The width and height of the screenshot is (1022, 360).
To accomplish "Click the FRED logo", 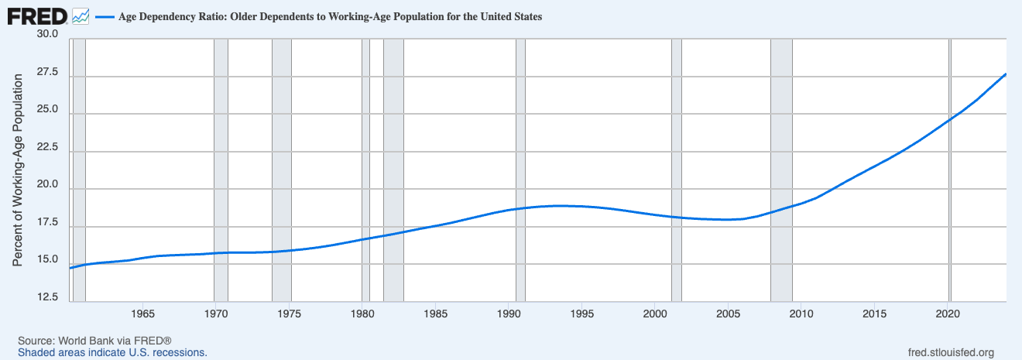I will point(37,16).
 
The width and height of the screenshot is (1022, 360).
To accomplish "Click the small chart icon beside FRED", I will point(81,16).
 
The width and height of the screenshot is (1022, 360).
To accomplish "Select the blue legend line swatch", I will point(103,17).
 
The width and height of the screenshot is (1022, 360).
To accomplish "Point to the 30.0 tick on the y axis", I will point(47,35).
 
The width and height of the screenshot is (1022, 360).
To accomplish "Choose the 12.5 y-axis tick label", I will point(47,297).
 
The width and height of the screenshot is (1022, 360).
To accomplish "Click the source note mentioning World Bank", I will point(94,341).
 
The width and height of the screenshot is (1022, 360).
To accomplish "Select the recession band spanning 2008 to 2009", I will point(781,170).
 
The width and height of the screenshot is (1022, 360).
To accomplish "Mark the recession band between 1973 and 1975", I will point(282,170).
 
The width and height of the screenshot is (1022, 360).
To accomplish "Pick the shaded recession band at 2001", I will point(676,170).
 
